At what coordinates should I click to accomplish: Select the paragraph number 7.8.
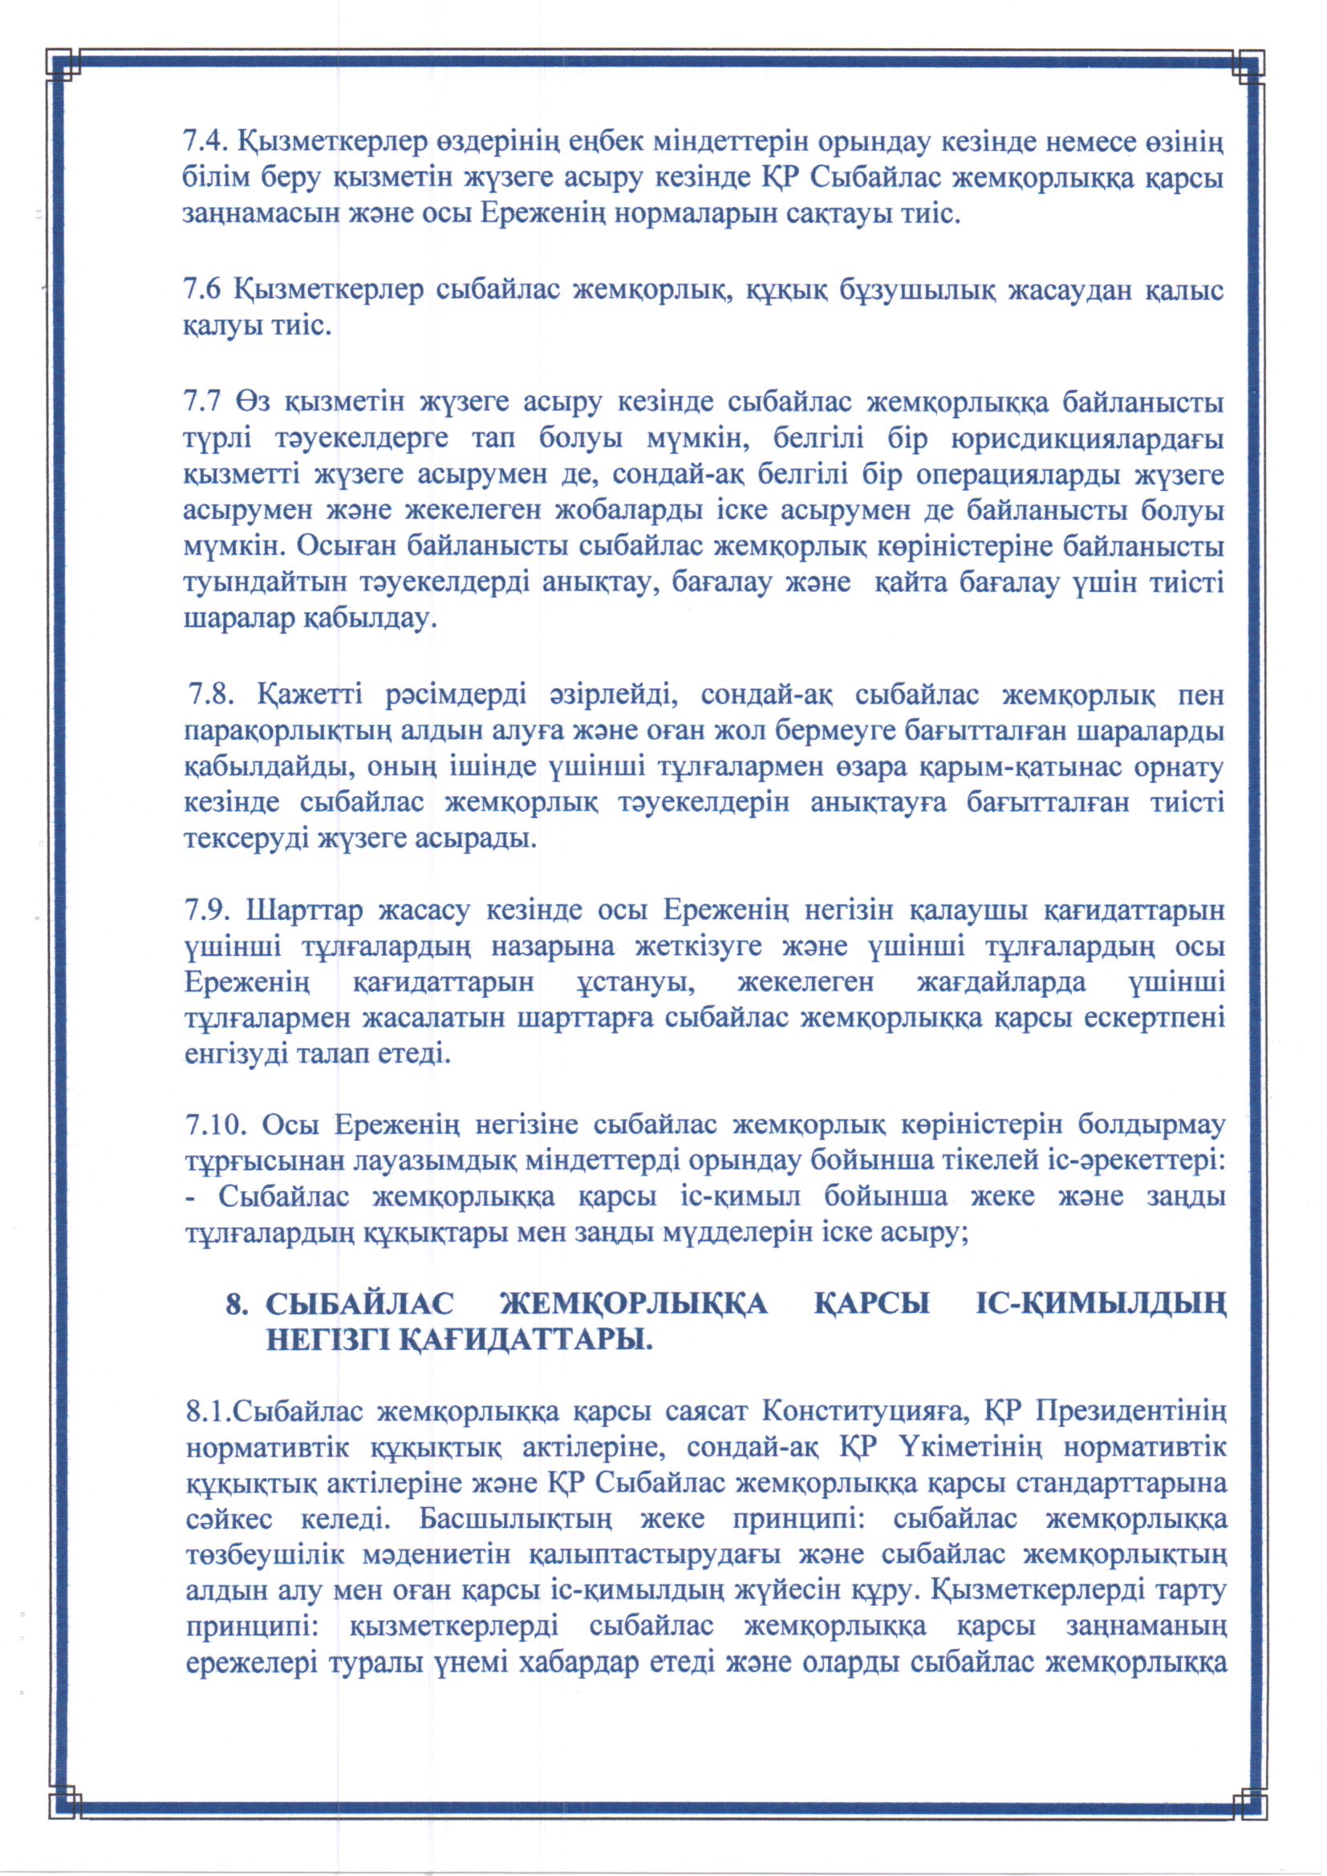tap(213, 696)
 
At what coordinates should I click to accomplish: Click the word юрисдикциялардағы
tap(1088, 440)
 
